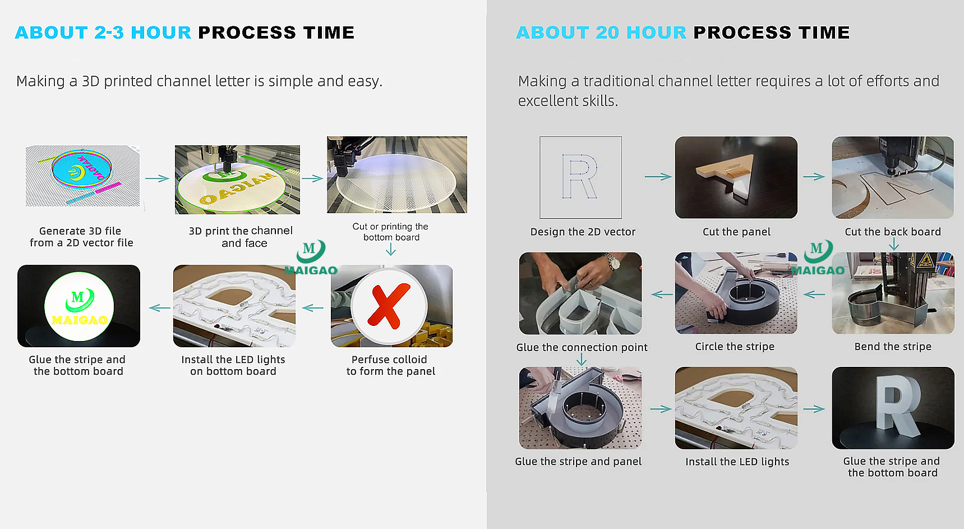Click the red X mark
[388, 306]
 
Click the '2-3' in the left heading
[109, 33]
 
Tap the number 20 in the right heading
[607, 33]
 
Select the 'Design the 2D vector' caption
[583, 232]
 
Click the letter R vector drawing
[579, 177]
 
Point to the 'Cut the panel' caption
[736, 232]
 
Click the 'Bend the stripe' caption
[893, 347]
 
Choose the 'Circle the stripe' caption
[735, 347]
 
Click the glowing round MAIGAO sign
[79, 306]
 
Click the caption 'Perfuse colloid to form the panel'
[390, 365]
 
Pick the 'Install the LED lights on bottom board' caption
[233, 365]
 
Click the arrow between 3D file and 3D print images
[157, 178]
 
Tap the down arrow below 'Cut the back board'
[894, 244]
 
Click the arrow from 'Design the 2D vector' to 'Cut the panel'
[658, 177]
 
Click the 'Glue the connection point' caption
[582, 347]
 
